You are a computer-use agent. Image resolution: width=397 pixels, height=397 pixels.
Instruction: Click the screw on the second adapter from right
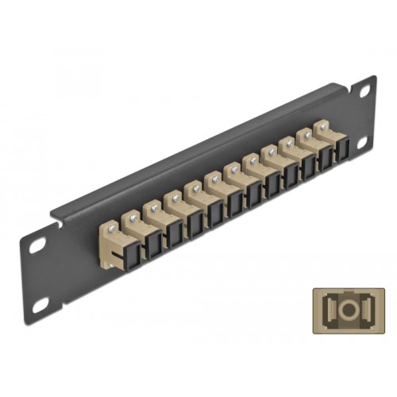click(306, 133)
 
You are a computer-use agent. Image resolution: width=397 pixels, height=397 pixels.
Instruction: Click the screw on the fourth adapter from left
click(191, 188)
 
